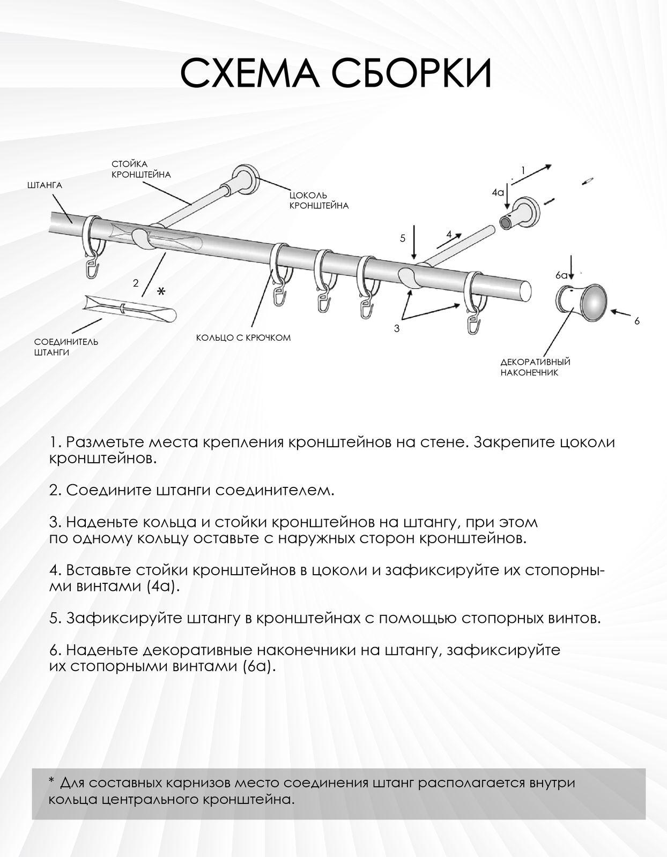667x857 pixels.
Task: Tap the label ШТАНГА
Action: tap(44, 185)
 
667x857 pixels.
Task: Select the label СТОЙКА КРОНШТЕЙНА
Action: tap(140, 169)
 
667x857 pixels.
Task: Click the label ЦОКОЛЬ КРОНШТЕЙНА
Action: tap(318, 200)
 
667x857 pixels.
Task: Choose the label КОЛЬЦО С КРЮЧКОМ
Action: tap(243, 338)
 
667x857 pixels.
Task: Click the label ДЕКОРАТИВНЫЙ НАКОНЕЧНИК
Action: tap(535, 367)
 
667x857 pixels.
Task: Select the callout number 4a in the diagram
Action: tap(498, 191)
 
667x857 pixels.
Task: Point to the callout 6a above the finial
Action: tap(561, 275)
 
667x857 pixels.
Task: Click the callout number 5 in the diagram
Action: tap(403, 238)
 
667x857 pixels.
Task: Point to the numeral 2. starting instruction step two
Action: tap(54, 491)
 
